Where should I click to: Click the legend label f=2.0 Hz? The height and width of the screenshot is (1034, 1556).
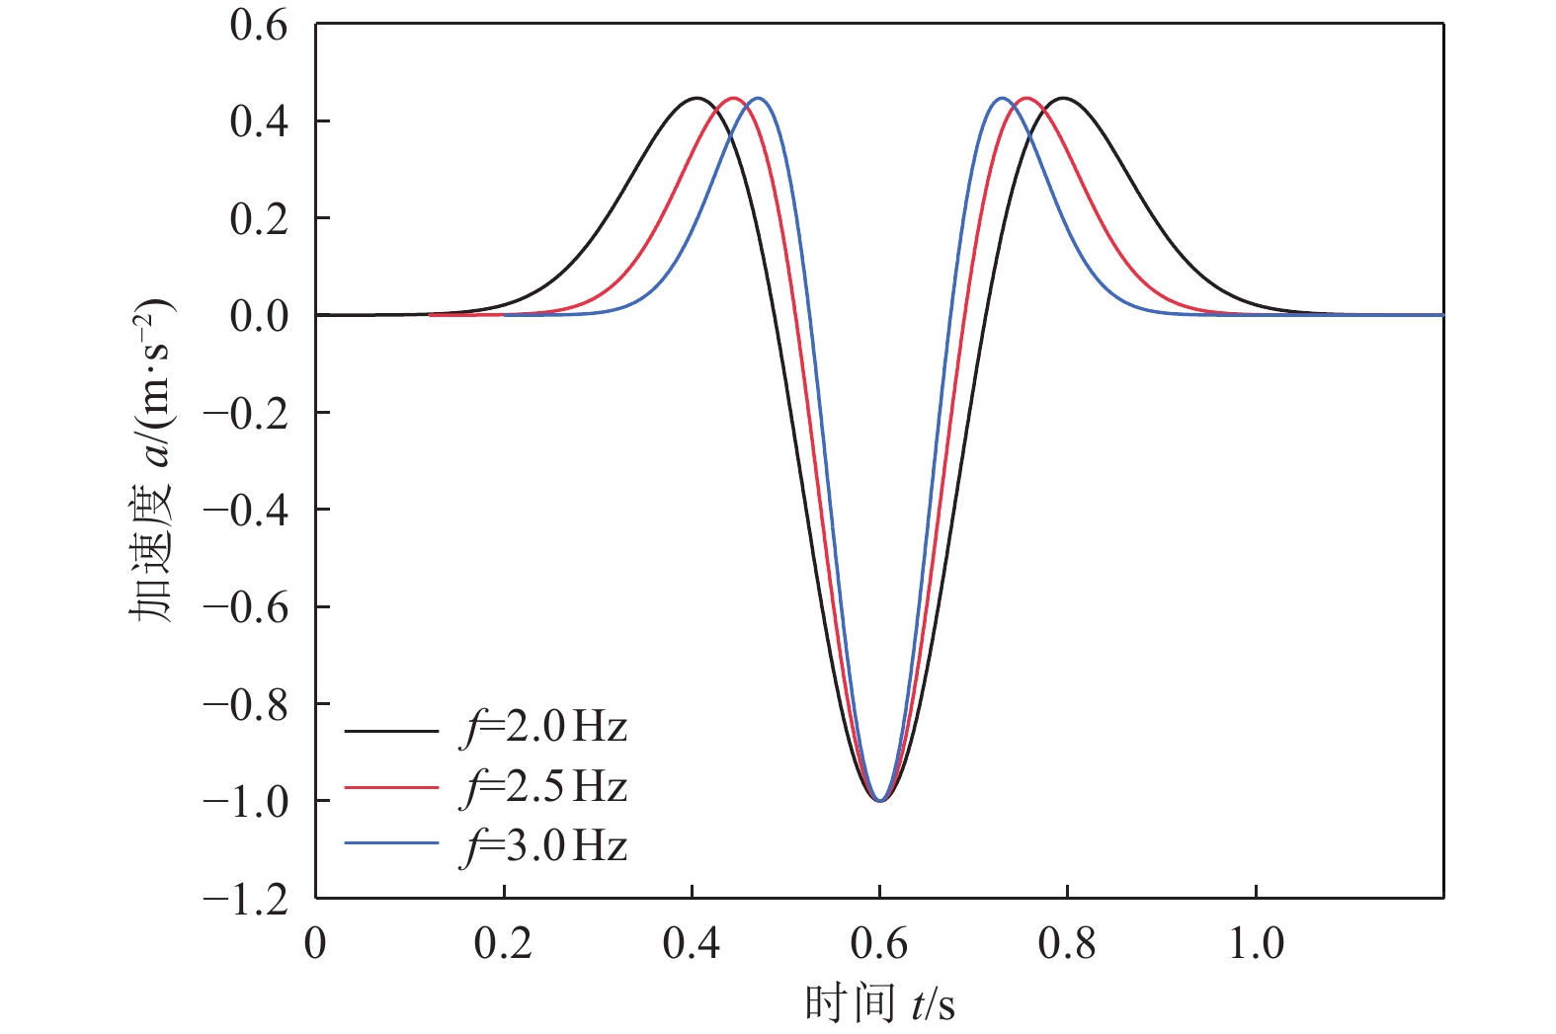pos(545,729)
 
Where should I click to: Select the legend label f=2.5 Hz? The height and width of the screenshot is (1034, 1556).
pos(545,788)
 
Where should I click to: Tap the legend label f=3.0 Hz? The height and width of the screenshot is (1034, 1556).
pos(545,846)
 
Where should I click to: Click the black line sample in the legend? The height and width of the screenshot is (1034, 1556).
pos(391,731)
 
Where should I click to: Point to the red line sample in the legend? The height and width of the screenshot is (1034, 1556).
pos(391,788)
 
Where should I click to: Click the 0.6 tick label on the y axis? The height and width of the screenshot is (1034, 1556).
pos(259,26)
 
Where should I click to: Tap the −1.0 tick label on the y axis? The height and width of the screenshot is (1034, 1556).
pos(246,801)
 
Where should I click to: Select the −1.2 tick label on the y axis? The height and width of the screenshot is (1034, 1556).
pos(246,899)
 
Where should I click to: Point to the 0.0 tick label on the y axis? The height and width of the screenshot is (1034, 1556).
pos(259,316)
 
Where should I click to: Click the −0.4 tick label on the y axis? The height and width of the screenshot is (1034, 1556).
pos(246,511)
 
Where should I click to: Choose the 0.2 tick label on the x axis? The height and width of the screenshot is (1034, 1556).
pos(503,944)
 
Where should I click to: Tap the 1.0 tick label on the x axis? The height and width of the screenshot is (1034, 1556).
pos(1256,944)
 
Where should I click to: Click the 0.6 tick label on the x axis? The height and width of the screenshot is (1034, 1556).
pos(879,944)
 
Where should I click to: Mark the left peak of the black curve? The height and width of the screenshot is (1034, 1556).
pos(696,98)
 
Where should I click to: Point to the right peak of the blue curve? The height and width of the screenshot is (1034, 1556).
pos(1002,98)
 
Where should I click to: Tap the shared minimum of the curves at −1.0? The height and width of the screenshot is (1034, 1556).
pos(879,800)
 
